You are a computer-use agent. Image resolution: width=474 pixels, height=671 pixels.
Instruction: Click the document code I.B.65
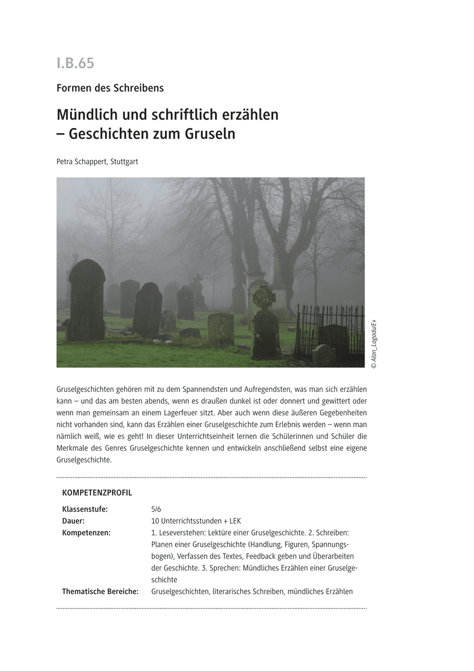75,64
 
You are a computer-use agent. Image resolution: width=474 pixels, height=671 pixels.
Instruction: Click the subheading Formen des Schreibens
110,88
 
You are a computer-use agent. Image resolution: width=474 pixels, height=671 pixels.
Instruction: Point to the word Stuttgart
124,162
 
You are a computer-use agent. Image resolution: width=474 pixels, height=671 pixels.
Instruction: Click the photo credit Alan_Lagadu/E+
373,344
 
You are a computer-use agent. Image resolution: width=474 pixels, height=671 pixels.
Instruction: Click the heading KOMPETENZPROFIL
97,493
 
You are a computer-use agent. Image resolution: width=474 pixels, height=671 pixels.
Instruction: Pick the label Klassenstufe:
85,509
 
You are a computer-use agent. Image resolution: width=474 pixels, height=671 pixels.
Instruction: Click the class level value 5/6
156,509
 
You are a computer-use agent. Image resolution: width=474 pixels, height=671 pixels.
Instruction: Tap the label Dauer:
73,521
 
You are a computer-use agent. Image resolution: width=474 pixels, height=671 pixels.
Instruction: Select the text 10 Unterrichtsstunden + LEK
196,521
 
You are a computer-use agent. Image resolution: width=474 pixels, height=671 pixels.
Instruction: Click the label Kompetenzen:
86,532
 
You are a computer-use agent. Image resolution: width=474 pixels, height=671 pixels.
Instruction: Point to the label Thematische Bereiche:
100,591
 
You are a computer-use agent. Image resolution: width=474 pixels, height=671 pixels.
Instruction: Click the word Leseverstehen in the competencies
183,532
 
